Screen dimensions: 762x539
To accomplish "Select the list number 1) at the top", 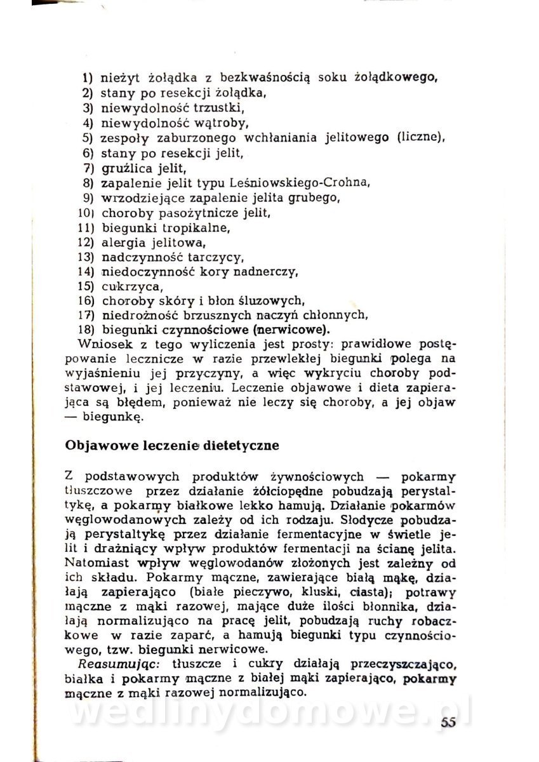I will (x=88, y=79).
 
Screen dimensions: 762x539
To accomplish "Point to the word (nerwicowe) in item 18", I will (x=291, y=330).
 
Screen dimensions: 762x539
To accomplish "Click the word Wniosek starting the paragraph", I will (x=102, y=345).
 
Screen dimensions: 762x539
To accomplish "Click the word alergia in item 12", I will (x=122, y=242).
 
